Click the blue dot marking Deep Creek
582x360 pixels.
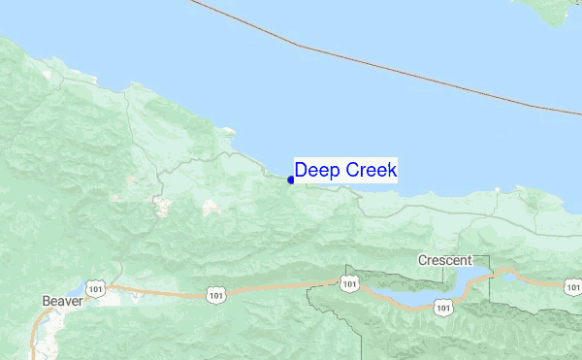291,179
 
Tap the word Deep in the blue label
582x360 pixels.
313,171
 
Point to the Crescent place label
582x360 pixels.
444,260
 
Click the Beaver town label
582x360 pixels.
63,301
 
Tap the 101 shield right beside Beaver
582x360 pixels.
94,288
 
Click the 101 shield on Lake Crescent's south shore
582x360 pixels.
443,307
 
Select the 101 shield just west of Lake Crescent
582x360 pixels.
348,282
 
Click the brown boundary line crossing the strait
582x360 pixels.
388,67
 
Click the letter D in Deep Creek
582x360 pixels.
301,171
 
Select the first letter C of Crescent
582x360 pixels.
423,260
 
